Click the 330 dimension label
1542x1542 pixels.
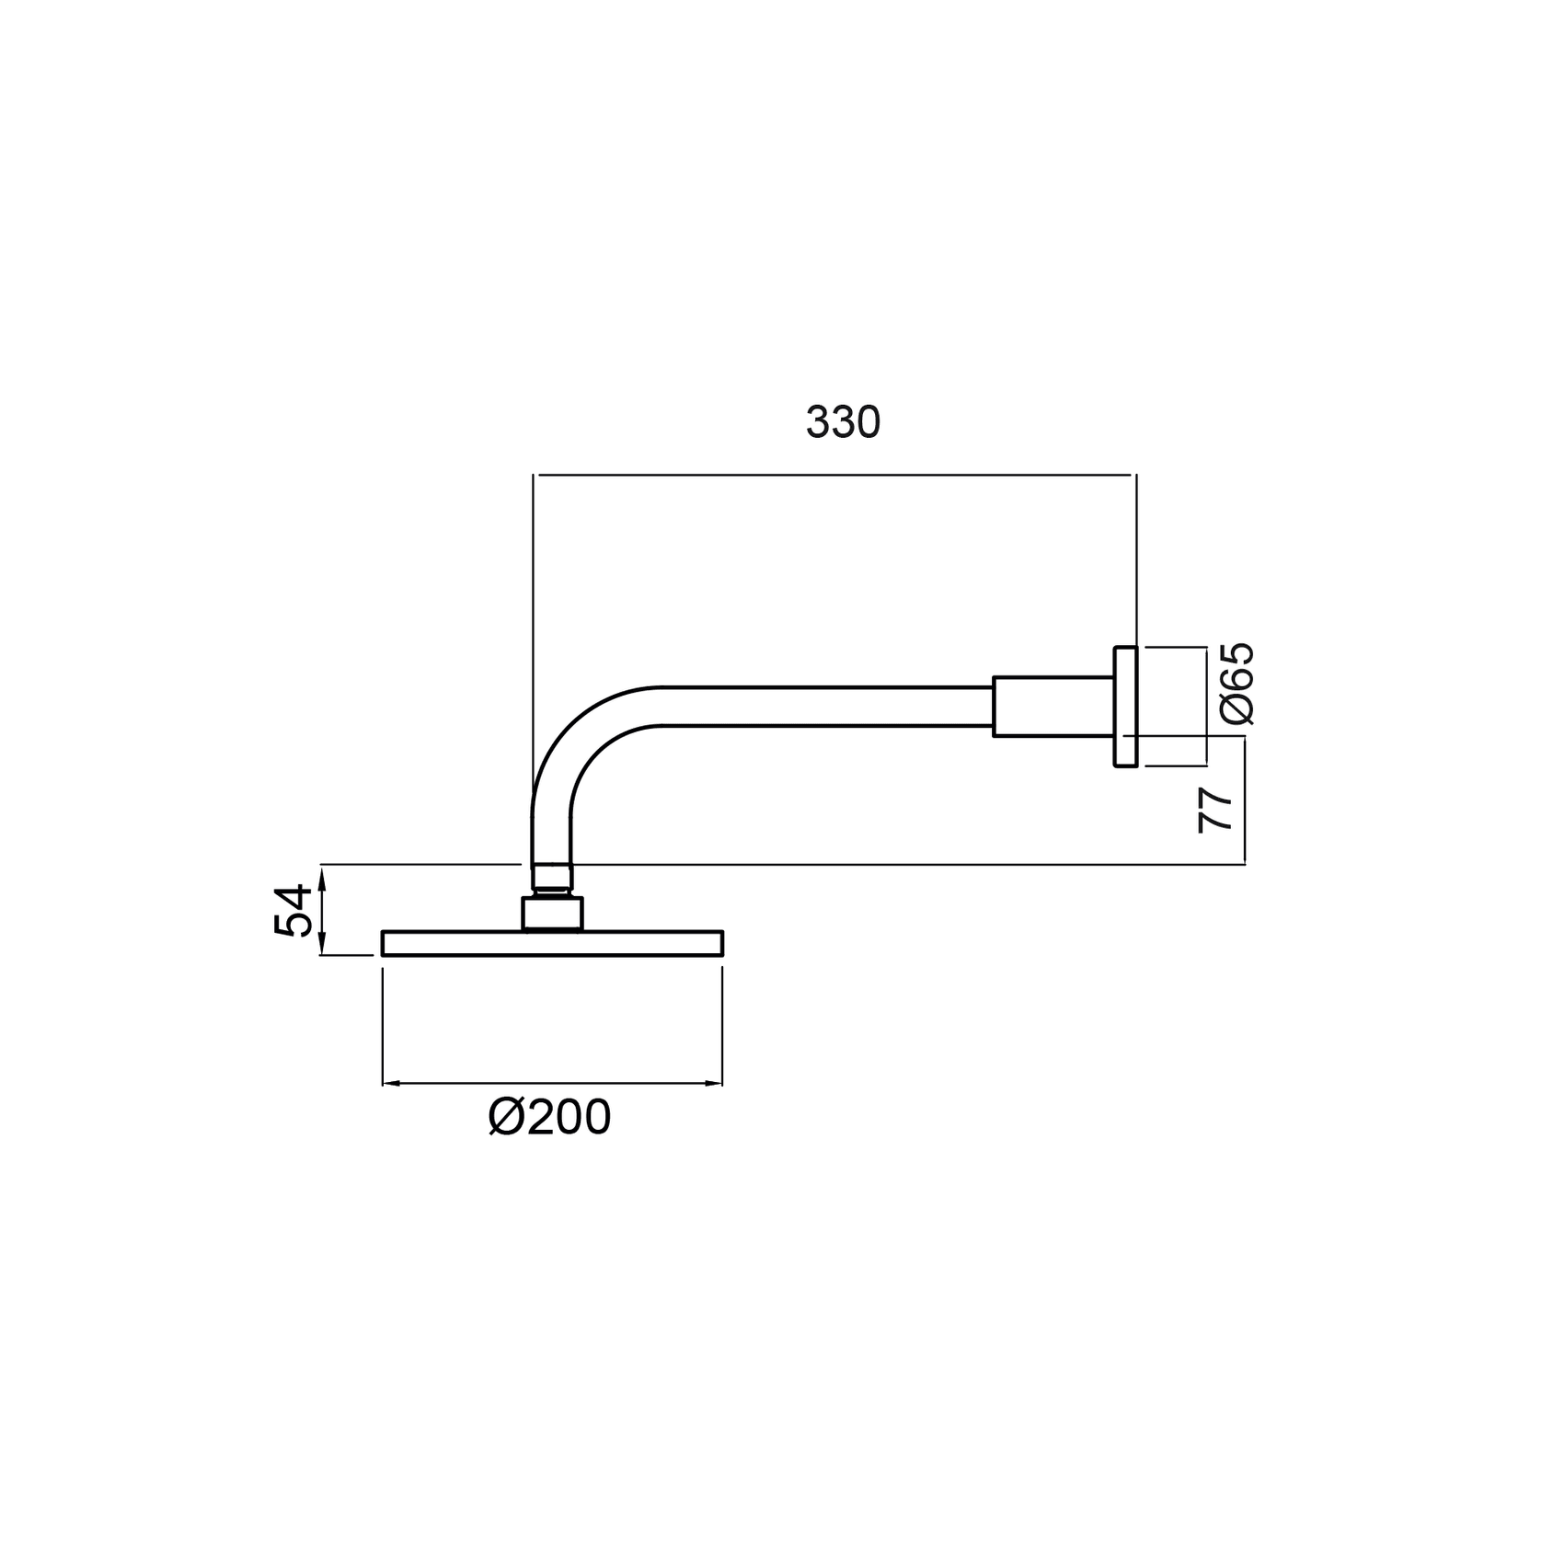pyautogui.click(x=843, y=422)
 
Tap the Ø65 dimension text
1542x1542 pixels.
pyautogui.click(x=1237, y=684)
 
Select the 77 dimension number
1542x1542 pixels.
pyautogui.click(x=1215, y=810)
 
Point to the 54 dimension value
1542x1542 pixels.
pyautogui.click(x=291, y=910)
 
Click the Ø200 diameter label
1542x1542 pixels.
pyautogui.click(x=550, y=1119)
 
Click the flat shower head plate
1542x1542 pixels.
pyautogui.click(x=552, y=943)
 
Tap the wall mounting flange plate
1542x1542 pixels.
pyautogui.click(x=1125, y=706)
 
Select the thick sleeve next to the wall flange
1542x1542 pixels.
pyautogui.click(x=1053, y=707)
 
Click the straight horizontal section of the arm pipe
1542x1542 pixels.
pyautogui.click(x=828, y=707)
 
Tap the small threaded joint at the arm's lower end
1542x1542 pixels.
pyautogui.click(x=552, y=878)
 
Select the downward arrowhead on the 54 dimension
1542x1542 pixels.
pyautogui.click(x=322, y=948)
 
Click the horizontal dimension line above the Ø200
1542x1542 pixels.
pyautogui.click(x=552, y=1084)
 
